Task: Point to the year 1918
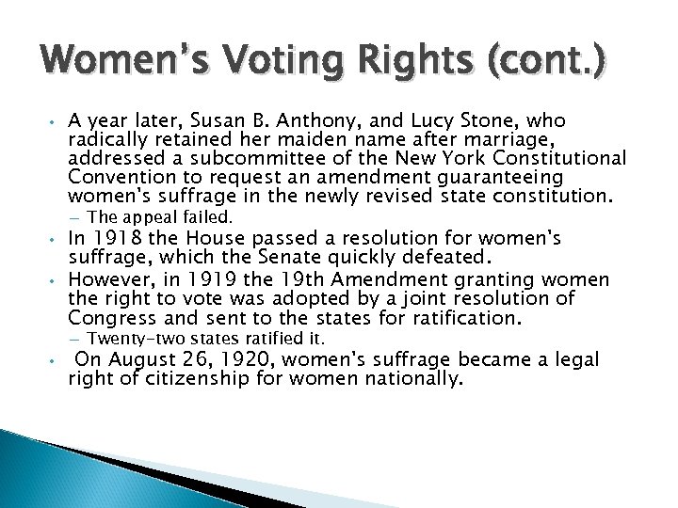(x=112, y=239)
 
